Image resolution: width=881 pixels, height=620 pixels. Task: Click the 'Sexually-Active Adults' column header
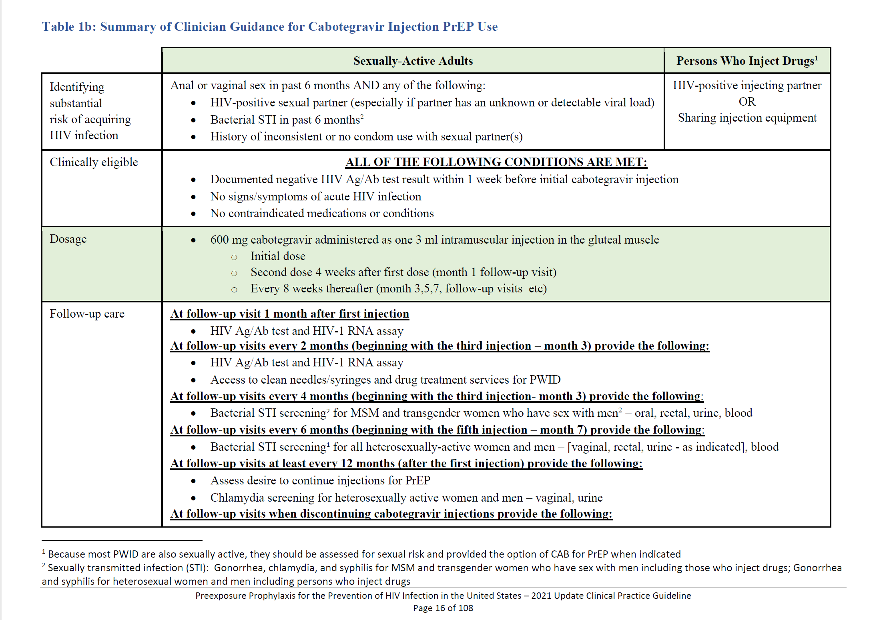coord(413,61)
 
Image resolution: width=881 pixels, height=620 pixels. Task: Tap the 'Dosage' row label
coord(68,239)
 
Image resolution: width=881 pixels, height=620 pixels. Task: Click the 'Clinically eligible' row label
coord(94,162)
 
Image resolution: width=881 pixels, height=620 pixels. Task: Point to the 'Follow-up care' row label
coord(87,314)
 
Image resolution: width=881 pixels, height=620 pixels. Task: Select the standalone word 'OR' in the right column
coord(747,102)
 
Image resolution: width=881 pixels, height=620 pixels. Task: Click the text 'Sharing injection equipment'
coord(747,118)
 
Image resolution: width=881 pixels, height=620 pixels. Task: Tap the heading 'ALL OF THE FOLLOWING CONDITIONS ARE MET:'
coord(496,162)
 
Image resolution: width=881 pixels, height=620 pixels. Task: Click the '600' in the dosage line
coord(219,240)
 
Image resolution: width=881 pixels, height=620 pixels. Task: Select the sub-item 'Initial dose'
coord(278,256)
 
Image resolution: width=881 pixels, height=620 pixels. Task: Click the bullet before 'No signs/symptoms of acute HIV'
coord(193,197)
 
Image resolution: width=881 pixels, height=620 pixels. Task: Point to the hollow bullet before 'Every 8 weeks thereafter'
coord(234,289)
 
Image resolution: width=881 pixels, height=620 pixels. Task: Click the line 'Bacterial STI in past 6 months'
coord(287,120)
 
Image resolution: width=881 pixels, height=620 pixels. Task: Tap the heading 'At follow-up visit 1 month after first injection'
coord(289,314)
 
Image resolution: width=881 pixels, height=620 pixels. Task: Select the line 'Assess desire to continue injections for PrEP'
coord(320,480)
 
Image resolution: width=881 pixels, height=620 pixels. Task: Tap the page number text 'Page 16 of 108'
coord(443,608)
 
